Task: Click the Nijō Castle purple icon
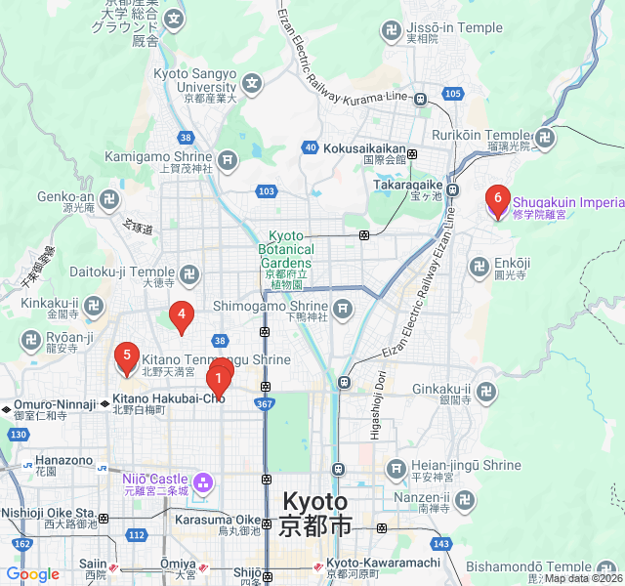[x=202, y=481]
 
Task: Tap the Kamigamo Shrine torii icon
[x=228, y=158]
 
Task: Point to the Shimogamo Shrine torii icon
[x=342, y=310]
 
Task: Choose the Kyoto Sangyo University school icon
[x=253, y=81]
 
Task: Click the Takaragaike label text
[x=407, y=185]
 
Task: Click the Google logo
[x=32, y=575]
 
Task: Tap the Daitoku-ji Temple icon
[x=189, y=272]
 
